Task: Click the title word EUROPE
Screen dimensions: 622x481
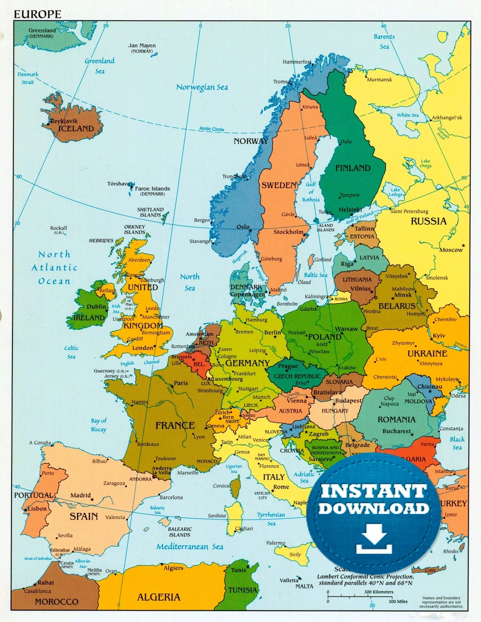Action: point(37,14)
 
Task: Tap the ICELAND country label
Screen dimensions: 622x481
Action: point(76,129)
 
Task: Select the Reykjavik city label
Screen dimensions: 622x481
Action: point(64,121)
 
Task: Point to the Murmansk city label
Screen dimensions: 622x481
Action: point(379,80)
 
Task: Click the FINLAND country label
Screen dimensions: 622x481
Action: point(353,168)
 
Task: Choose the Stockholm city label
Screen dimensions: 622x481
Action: point(288,232)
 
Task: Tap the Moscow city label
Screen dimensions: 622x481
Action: point(451,250)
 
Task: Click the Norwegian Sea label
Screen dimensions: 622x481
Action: point(202,87)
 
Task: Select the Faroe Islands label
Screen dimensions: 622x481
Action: point(152,189)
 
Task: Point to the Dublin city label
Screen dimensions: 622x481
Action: point(96,306)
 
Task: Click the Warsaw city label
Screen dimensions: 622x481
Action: point(346,329)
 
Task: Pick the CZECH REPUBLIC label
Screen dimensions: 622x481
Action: point(297,376)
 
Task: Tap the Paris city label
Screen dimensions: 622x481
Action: point(181,383)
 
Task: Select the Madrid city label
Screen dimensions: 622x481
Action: point(80,495)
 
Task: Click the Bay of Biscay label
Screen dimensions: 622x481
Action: point(98,425)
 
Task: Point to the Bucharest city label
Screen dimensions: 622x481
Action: point(396,431)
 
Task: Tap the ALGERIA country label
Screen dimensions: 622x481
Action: point(159,597)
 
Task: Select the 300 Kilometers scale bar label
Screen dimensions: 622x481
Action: point(379,592)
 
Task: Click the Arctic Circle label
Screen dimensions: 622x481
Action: point(212,129)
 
